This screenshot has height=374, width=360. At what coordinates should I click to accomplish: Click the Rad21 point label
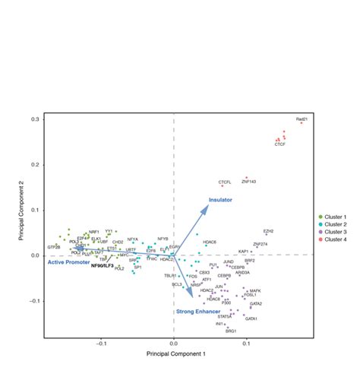[x=302, y=120]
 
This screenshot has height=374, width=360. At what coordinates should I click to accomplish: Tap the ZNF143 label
[x=249, y=182]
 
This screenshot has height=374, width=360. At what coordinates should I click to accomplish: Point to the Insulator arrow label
[x=220, y=200]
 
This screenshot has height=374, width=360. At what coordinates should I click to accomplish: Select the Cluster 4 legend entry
[x=333, y=240]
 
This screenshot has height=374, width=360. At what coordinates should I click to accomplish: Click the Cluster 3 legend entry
[x=333, y=233]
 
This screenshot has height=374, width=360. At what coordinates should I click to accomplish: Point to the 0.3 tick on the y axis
[x=35, y=119]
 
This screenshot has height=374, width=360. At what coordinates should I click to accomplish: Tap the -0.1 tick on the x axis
[x=103, y=344]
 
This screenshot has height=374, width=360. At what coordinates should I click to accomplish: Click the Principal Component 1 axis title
[x=175, y=355]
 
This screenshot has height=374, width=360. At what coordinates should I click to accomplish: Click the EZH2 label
[x=268, y=231]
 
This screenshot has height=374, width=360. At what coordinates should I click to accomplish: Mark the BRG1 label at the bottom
[x=231, y=331]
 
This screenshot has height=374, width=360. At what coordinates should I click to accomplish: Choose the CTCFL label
[x=225, y=182]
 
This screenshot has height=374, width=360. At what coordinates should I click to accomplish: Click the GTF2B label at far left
[x=53, y=248]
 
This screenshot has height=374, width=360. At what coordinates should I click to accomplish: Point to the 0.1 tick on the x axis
[x=247, y=344]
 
